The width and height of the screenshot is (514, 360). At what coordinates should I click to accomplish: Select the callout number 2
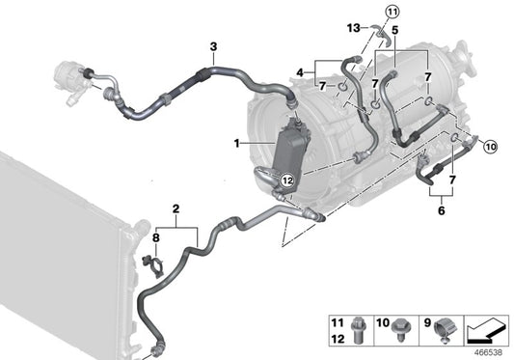pyautogui.click(x=176, y=209)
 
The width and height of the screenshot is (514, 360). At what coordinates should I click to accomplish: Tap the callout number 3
pyautogui.click(x=213, y=45)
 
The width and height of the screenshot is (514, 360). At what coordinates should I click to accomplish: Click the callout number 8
pyautogui.click(x=155, y=235)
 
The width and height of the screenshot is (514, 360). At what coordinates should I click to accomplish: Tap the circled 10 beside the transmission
pyautogui.click(x=489, y=148)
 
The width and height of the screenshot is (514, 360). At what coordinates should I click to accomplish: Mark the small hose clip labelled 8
pyautogui.click(x=149, y=263)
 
